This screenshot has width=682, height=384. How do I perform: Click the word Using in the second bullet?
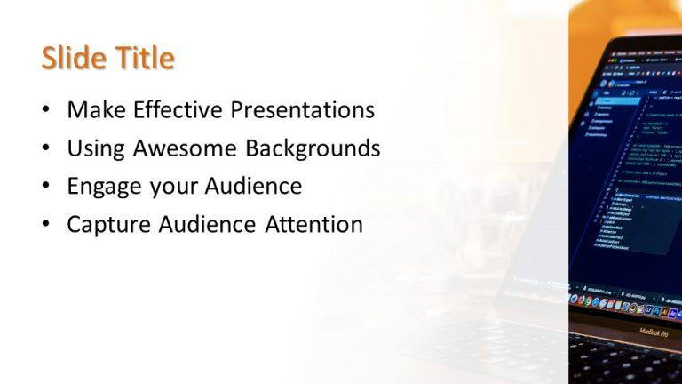coord(96,148)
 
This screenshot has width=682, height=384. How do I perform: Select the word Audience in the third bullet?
coord(253,187)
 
